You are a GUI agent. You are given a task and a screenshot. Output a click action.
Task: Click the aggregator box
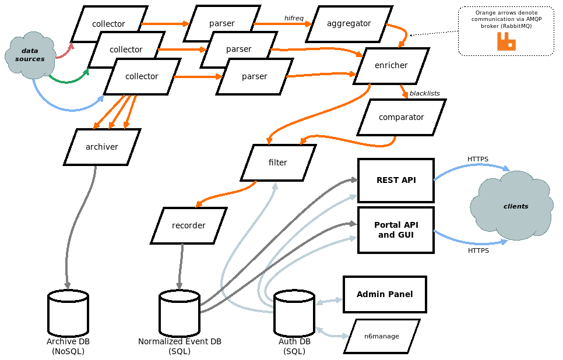point(349,24)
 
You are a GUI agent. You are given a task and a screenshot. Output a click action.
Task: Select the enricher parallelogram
point(391,66)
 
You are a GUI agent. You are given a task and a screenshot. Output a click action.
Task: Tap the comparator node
point(401,117)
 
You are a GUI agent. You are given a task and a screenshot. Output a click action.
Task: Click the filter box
point(278,163)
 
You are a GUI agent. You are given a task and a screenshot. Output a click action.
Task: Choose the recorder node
point(188,225)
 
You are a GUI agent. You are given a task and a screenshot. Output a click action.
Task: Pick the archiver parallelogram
point(102,147)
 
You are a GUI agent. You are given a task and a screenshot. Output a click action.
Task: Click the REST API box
point(396,180)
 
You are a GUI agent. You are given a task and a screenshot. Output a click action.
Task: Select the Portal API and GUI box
point(396,230)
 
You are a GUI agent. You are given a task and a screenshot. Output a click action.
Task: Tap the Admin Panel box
point(385,294)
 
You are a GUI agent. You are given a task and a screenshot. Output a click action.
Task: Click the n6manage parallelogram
point(382,336)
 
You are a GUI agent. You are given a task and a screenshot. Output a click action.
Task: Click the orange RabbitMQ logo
point(506,41)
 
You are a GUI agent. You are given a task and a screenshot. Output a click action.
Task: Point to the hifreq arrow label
point(294,18)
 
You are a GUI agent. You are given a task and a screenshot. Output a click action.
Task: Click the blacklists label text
point(424,93)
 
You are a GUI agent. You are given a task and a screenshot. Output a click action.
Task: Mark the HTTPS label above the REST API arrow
point(478,159)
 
